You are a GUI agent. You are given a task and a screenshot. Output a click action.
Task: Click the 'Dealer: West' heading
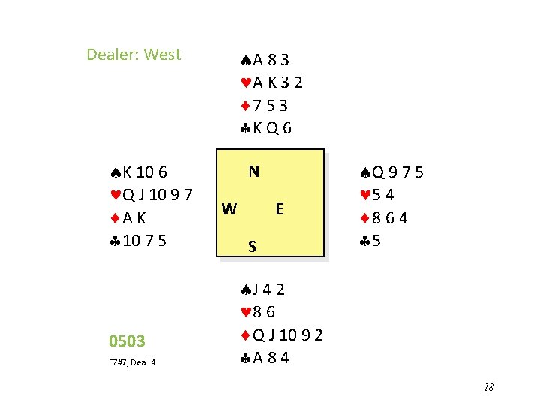click(x=133, y=55)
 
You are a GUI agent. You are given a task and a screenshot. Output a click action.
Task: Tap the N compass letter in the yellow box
click(x=254, y=172)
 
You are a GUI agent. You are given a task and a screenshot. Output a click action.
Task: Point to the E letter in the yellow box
click(x=279, y=209)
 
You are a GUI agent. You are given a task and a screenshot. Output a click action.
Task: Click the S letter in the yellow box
click(x=253, y=246)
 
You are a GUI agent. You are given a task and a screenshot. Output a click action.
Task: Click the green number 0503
click(x=127, y=341)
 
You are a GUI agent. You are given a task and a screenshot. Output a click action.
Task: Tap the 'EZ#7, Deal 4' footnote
click(x=132, y=363)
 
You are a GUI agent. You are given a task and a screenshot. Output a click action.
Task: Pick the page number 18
click(x=488, y=387)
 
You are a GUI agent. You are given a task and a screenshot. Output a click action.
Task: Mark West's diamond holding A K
click(x=128, y=218)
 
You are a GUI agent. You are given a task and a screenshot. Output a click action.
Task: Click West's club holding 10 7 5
click(x=135, y=241)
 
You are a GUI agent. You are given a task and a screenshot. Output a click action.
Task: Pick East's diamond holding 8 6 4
click(x=384, y=219)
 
